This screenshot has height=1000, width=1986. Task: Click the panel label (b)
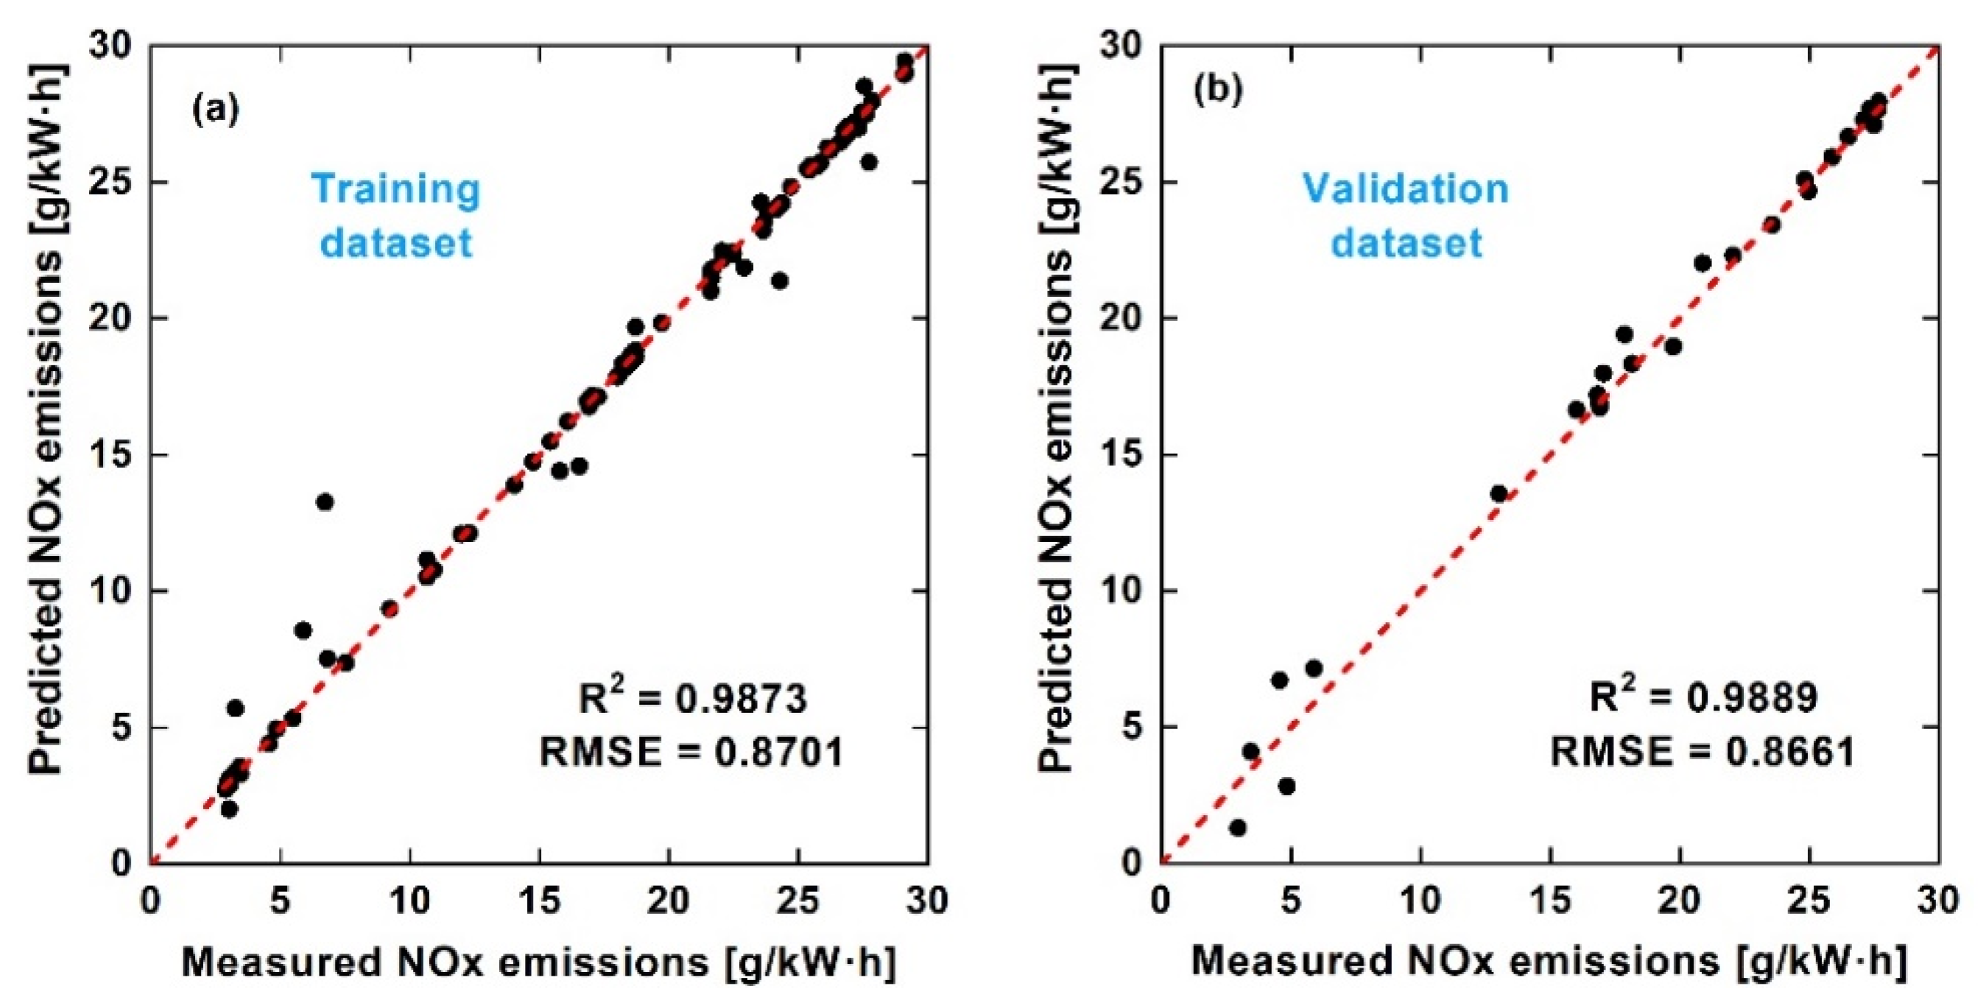coord(1218,91)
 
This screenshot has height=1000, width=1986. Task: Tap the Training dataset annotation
coord(395,215)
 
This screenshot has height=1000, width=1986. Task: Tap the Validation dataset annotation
coord(1406,215)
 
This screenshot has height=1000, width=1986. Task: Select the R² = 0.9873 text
coord(691,698)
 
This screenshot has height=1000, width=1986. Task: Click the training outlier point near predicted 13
coord(325,502)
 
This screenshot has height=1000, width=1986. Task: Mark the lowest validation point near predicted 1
coord(1238,827)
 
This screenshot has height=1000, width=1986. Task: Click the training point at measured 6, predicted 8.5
coord(303,630)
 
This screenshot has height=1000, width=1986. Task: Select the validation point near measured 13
coord(1498,493)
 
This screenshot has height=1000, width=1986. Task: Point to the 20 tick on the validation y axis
coord(1123,318)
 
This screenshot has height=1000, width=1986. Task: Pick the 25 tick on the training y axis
coord(113,183)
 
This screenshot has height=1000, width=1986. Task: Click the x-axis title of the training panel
coord(539,962)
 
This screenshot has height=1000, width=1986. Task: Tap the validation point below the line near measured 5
coord(1286,786)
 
